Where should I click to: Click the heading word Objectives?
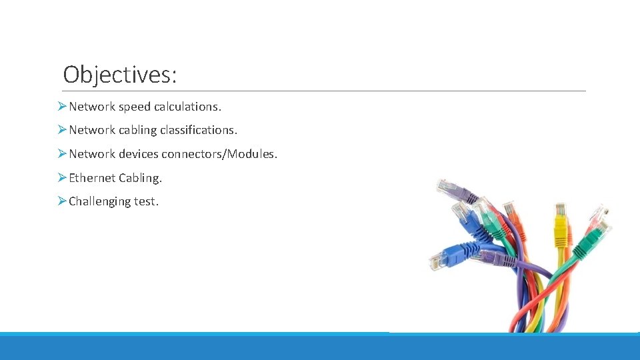click(x=119, y=74)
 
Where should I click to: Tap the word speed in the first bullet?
click(x=134, y=106)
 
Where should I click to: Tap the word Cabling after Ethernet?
click(x=140, y=178)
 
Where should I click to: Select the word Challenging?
click(x=99, y=201)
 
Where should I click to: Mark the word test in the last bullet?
click(x=147, y=201)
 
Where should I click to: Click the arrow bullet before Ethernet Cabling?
click(x=61, y=178)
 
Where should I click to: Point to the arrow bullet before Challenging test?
click(x=61, y=201)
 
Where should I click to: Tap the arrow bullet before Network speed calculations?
click(x=61, y=106)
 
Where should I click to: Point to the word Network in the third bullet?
click(x=92, y=154)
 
